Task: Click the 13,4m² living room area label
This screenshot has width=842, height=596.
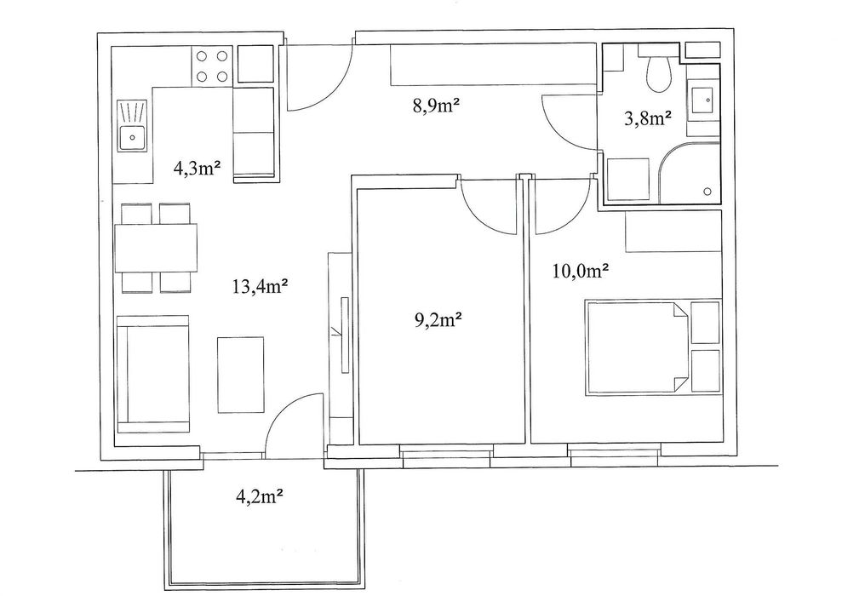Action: click(x=260, y=287)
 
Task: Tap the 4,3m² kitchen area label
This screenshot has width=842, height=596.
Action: click(x=197, y=169)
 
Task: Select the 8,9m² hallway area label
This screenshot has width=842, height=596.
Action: click(x=438, y=106)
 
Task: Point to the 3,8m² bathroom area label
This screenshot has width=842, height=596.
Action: click(x=648, y=118)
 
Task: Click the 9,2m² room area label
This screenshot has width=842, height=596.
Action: click(x=438, y=320)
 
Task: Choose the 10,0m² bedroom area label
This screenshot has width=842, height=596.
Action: click(x=580, y=272)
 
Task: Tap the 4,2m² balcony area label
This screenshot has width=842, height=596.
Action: click(x=260, y=496)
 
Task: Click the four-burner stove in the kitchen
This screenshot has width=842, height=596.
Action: click(x=212, y=66)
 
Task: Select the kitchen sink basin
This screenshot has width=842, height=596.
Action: click(x=132, y=137)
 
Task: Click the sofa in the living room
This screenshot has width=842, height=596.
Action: click(x=153, y=375)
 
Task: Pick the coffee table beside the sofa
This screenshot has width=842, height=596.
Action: click(x=241, y=375)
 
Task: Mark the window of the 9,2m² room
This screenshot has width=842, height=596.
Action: click(x=446, y=456)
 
